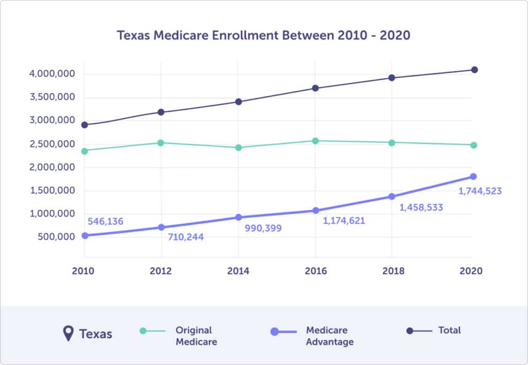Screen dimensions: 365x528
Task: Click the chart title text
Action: tap(263, 36)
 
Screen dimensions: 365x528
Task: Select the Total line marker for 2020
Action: tap(474, 70)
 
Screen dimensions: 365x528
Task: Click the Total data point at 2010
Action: tap(85, 125)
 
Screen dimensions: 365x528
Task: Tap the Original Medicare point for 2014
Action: tap(239, 147)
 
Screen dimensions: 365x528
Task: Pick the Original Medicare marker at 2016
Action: tap(316, 141)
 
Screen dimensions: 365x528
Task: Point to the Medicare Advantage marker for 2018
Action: tap(392, 196)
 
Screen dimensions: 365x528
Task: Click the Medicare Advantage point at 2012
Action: tap(161, 227)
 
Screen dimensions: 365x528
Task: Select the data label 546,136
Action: tap(106, 222)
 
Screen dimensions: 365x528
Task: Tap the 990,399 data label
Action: tap(263, 228)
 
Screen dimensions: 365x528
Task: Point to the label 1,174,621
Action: tap(344, 221)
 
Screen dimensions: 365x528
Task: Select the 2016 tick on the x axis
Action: tap(316, 271)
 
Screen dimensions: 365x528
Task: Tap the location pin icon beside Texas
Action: tap(68, 334)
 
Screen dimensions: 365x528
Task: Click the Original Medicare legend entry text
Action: tap(196, 336)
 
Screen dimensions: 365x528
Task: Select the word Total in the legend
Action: tap(450, 330)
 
